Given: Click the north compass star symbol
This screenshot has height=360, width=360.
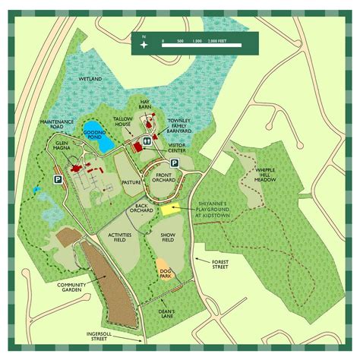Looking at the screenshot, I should coord(144,44).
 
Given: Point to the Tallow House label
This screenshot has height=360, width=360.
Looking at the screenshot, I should coord(123,122).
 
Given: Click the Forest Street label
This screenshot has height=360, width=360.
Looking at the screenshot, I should coord(220,264).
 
